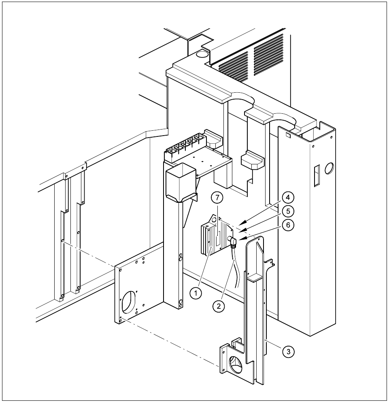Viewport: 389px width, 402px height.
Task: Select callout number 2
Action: [219, 306]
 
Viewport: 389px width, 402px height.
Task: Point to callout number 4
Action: [287, 198]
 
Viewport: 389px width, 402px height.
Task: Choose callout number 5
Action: [287, 211]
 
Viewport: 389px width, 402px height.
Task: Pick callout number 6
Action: [287, 225]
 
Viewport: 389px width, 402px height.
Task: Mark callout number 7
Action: [218, 198]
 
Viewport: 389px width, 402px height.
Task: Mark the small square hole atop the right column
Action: [287, 136]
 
